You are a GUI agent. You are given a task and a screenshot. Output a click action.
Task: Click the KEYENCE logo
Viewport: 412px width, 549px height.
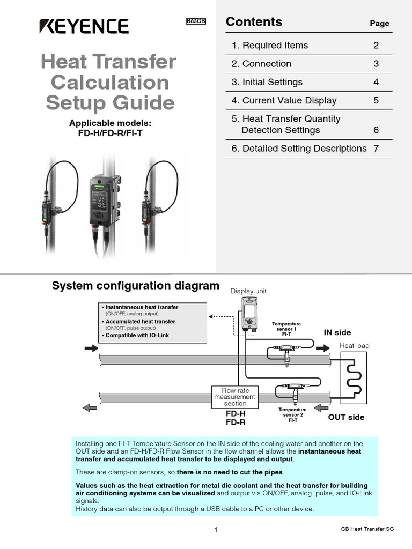[84, 26]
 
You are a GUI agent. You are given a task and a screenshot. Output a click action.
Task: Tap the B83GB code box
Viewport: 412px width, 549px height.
[196, 21]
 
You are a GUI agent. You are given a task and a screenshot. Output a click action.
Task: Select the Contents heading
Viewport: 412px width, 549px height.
[254, 22]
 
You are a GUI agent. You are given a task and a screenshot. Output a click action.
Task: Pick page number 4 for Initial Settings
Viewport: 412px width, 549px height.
[376, 82]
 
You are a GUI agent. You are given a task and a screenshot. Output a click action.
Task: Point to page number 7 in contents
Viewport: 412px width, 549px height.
[376, 149]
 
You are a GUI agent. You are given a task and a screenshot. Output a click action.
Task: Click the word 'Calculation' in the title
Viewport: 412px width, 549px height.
[110, 83]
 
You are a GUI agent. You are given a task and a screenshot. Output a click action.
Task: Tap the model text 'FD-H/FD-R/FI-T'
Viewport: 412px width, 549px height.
[110, 133]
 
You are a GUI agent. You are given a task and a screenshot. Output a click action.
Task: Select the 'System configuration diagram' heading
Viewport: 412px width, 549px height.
[135, 286]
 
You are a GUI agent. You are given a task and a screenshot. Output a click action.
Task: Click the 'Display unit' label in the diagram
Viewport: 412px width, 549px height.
[248, 291]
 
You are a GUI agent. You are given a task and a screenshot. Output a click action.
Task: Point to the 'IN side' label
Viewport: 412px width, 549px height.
[337, 332]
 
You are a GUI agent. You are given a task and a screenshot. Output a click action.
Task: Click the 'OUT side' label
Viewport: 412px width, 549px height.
[346, 417]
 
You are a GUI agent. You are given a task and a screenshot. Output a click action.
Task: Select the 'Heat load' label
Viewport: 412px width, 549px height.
[354, 346]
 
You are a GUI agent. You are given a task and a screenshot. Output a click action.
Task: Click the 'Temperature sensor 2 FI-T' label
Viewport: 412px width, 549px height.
[293, 414]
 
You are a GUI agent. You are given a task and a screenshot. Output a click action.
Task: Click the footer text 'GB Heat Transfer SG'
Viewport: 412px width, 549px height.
[367, 529]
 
